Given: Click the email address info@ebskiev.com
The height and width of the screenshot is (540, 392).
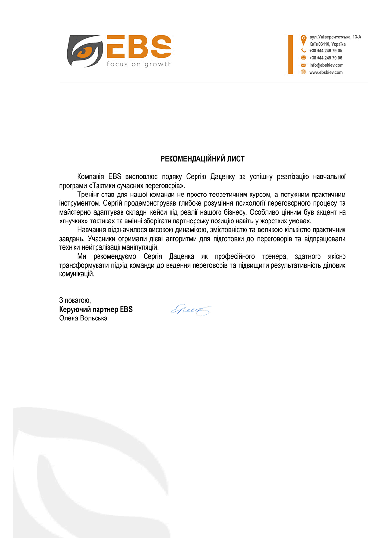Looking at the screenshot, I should click(326, 65).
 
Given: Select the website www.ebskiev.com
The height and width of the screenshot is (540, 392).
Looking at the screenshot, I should click(325, 72).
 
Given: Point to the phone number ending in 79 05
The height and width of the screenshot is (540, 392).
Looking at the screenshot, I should click(325, 50).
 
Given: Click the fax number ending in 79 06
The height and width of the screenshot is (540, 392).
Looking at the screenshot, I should click(325, 58).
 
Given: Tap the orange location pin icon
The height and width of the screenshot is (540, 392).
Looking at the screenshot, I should click(303, 38).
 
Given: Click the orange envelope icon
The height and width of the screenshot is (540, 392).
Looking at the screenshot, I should click(303, 65).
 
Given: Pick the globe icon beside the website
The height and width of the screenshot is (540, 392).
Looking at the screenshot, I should click(303, 72).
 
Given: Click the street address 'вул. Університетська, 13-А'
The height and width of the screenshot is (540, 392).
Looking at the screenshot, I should click(335, 37).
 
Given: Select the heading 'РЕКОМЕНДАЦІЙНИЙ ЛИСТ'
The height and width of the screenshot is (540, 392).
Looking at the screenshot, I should click(202, 159).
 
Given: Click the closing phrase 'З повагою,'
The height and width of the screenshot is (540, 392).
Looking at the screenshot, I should click(74, 300).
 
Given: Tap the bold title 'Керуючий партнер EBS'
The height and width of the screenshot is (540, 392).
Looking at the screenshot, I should click(96, 309).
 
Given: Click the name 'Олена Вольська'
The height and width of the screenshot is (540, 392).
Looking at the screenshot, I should click(83, 318).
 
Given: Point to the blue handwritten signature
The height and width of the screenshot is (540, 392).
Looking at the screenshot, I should click(193, 310).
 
